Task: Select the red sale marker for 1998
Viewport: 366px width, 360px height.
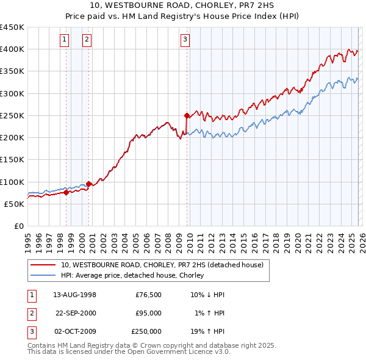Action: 66,192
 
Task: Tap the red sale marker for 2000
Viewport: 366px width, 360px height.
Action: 89,184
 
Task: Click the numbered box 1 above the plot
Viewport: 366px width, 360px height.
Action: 65,40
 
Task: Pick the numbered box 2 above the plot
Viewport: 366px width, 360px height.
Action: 87,40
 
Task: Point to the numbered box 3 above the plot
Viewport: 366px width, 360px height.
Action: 185,40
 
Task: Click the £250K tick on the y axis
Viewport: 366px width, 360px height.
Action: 12,115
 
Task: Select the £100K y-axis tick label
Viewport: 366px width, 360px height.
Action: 12,182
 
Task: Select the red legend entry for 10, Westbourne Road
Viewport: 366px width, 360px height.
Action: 162,265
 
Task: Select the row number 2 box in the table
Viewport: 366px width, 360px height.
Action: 31,313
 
